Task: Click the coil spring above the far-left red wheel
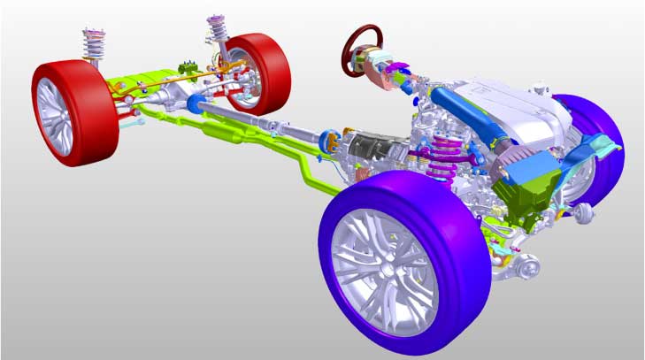[x=94, y=44]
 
